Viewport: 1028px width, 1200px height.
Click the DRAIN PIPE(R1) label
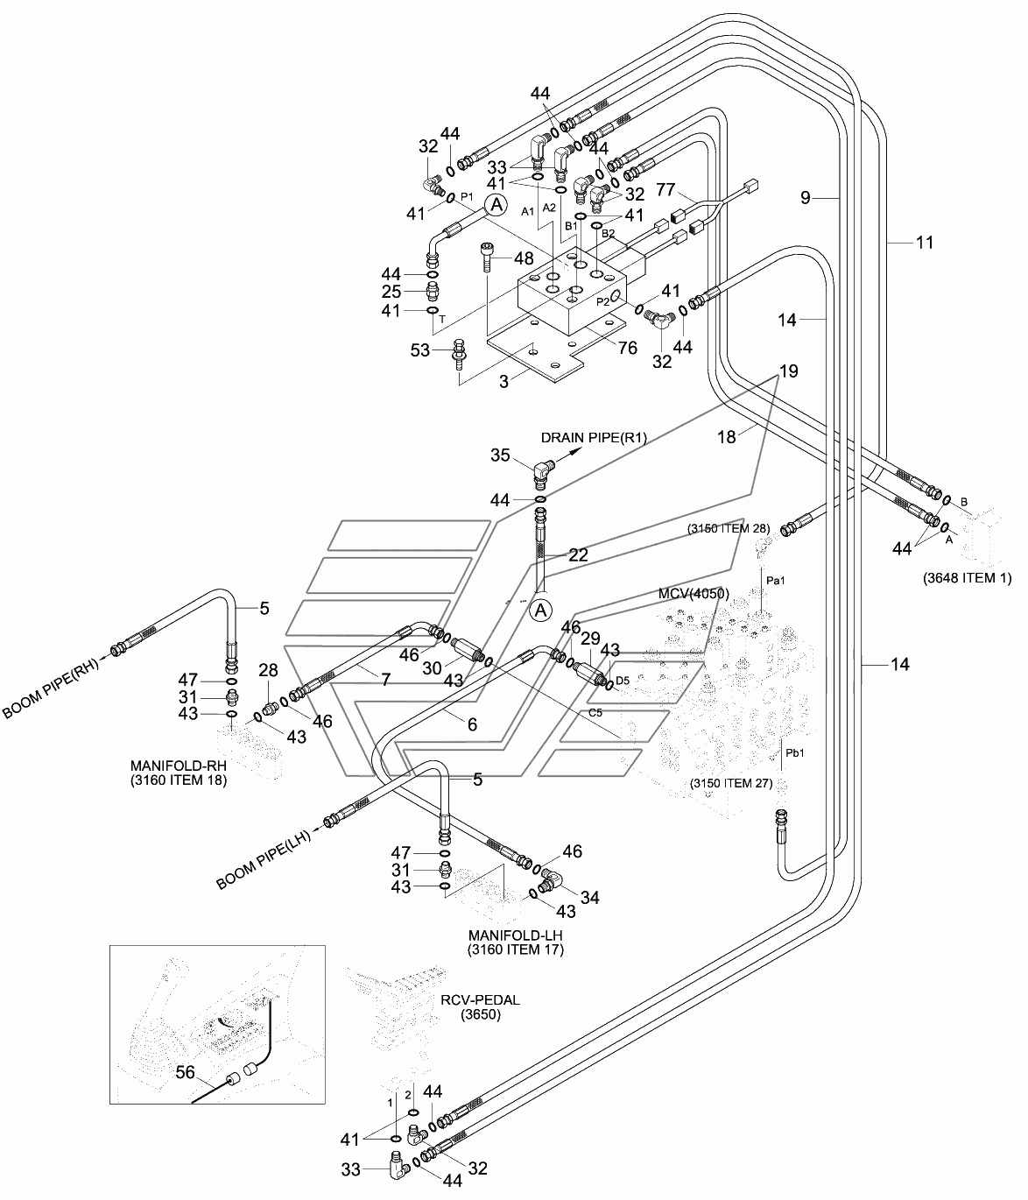tap(594, 438)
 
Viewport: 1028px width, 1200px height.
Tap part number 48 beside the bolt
tap(525, 258)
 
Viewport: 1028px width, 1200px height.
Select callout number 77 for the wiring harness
tap(665, 190)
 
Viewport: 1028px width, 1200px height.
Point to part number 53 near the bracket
tap(420, 350)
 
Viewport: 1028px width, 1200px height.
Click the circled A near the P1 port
tap(496, 204)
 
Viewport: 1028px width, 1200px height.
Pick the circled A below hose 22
tap(541, 611)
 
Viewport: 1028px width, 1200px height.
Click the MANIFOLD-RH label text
tap(179, 766)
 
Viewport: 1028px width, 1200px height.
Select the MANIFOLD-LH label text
tap(516, 935)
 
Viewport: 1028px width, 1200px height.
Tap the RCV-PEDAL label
tap(480, 1000)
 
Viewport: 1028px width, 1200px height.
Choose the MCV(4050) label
tap(694, 593)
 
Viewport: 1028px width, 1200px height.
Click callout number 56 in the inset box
tap(185, 1072)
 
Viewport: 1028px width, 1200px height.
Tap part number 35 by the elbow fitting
tap(500, 455)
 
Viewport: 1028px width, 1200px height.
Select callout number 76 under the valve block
tap(628, 348)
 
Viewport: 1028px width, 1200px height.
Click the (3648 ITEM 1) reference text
tap(967, 578)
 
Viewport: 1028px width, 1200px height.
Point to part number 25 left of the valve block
tap(391, 292)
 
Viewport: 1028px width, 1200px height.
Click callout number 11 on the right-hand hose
tap(925, 243)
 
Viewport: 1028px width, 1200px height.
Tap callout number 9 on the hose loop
tap(805, 198)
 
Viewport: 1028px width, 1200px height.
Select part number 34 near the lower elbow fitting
tap(590, 898)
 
